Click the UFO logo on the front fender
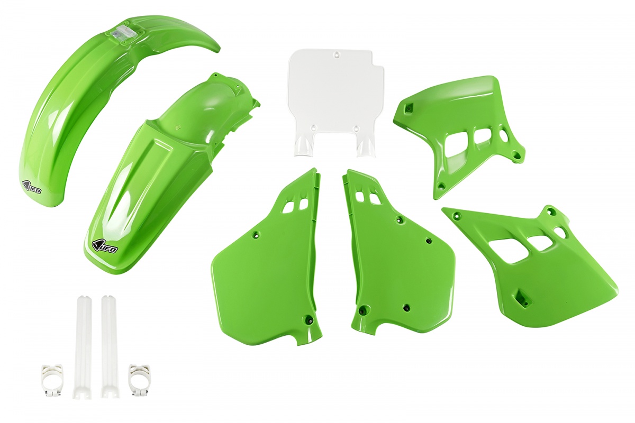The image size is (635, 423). tap(32, 186)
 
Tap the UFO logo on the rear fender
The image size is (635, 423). tap(105, 246)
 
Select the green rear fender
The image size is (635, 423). tap(153, 174)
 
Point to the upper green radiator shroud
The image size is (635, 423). tap(455, 127)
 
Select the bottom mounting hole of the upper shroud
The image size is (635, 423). tap(440, 186)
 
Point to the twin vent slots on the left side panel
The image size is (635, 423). tap(295, 206)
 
